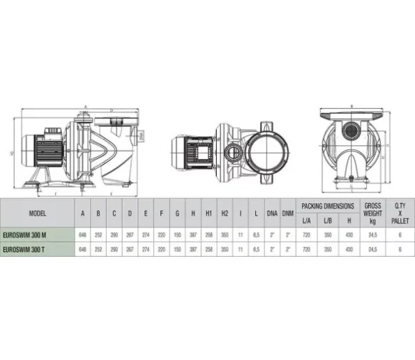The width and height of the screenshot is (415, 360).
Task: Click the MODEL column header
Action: pyautogui.click(x=38, y=214)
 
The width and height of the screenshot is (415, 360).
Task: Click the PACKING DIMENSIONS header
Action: pyautogui.click(x=327, y=207)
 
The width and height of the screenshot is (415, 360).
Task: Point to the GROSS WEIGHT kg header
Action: pyautogui.click(x=372, y=213)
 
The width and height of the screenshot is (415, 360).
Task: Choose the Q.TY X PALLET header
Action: pyautogui.click(x=399, y=213)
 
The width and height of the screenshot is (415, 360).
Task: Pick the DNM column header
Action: pyautogui.click(x=286, y=214)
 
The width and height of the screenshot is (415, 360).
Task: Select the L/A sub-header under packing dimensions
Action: pyautogui.click(x=306, y=221)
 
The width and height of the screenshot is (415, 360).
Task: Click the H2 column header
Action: pyautogui.click(x=225, y=214)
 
